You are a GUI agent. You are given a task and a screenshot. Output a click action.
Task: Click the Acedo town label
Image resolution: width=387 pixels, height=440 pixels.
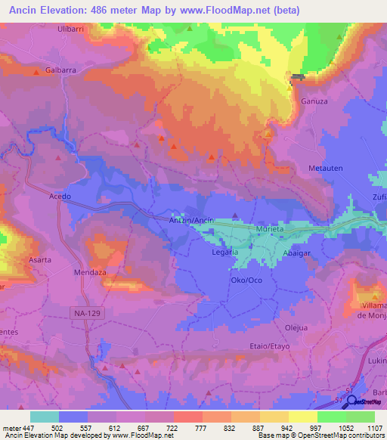(x=60, y=197)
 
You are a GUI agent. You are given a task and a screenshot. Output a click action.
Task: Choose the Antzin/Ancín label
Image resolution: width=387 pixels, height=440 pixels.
(x=192, y=219)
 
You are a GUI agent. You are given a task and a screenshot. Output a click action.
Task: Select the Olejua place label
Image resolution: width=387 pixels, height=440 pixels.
(x=296, y=327)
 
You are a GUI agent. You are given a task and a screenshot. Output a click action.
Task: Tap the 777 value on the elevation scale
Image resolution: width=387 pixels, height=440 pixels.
(x=201, y=427)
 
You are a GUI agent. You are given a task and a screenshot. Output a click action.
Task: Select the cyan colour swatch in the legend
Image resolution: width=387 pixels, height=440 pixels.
(x=45, y=417)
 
